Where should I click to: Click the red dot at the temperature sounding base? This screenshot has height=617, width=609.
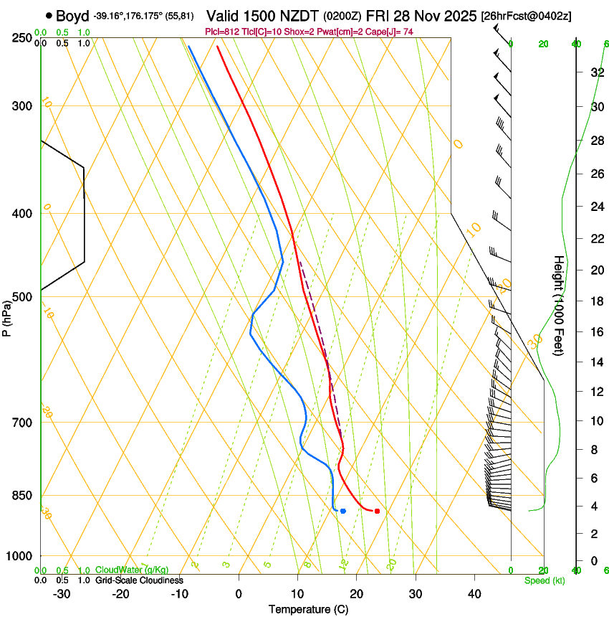pyautogui.click(x=377, y=511)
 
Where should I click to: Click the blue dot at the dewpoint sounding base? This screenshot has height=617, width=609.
pyautogui.click(x=343, y=511)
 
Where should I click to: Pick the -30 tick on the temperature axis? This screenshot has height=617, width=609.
pyautogui.click(x=62, y=593)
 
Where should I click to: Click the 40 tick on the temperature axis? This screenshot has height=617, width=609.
pyautogui.click(x=474, y=593)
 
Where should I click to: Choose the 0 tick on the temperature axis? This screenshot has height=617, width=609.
pyautogui.click(x=239, y=593)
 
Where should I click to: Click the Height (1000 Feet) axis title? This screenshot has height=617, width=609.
pyautogui.click(x=559, y=305)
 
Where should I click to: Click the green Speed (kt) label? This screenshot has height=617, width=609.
pyautogui.click(x=544, y=580)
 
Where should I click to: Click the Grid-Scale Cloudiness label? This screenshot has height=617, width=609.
pyautogui.click(x=139, y=580)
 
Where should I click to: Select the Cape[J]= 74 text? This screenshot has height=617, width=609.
pyautogui.click(x=390, y=31)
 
